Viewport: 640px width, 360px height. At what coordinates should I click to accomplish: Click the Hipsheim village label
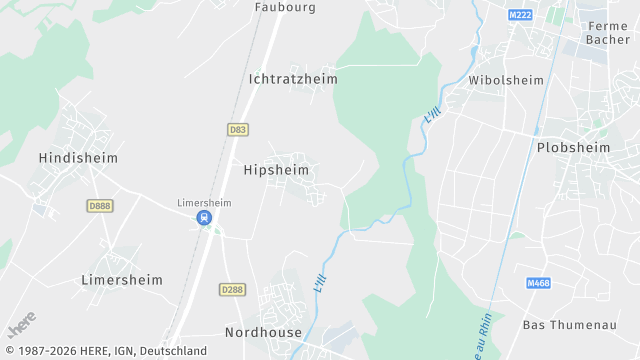(x=276, y=171)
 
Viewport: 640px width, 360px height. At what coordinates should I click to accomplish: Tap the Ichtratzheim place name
(x=293, y=78)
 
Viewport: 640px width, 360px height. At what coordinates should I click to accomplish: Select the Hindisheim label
(x=78, y=158)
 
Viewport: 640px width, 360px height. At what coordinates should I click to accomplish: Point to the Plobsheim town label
(x=573, y=147)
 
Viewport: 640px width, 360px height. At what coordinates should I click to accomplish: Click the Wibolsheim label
(x=506, y=80)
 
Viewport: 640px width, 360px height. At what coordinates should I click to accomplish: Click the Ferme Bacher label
(x=608, y=33)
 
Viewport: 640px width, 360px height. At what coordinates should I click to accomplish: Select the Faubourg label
(x=285, y=7)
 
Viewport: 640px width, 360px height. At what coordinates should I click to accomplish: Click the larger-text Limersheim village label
(x=121, y=280)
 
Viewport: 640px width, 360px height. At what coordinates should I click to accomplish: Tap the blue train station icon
(x=204, y=217)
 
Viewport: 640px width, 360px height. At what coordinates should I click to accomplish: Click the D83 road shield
(x=238, y=130)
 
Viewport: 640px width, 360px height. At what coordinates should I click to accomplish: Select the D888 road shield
(x=99, y=205)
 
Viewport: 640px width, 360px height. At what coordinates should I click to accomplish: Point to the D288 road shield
(x=231, y=289)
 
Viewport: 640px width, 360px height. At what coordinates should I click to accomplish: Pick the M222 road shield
(x=520, y=15)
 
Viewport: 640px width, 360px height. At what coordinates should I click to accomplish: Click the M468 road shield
(x=539, y=284)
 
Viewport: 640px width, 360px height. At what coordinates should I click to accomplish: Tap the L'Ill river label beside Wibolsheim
(x=431, y=116)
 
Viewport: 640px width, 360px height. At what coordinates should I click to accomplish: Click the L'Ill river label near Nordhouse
(x=321, y=283)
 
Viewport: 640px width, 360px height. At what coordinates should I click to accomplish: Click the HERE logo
(x=22, y=325)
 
